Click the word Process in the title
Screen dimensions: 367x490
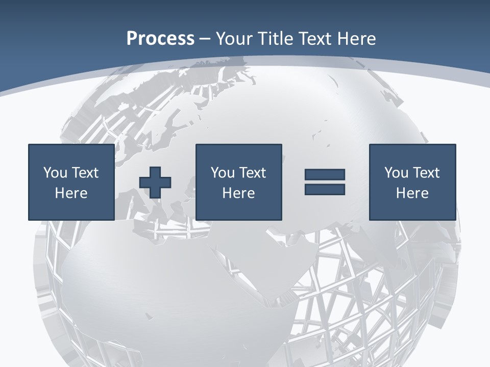point(160,39)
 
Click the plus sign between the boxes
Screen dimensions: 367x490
point(155,182)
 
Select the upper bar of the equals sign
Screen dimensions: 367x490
point(325,175)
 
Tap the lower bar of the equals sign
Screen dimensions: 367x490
point(325,189)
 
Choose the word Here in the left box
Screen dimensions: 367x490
point(71,193)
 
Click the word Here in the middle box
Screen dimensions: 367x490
point(238,193)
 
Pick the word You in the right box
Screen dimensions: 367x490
point(396,173)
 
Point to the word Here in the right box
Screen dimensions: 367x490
point(412,193)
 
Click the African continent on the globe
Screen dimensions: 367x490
point(168,285)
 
